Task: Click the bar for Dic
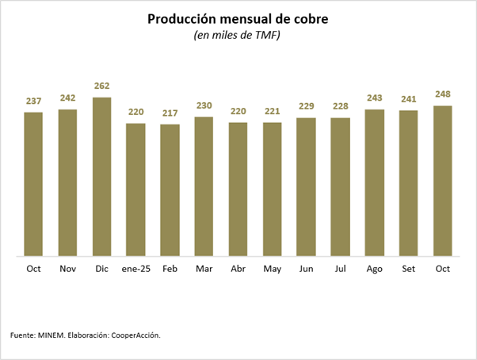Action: (x=101, y=177)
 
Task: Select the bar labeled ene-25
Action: (x=135, y=190)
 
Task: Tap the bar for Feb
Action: (x=170, y=190)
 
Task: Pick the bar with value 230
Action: (x=204, y=186)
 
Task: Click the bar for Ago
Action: (x=374, y=182)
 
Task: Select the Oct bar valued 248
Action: (x=443, y=181)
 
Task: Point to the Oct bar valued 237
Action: (x=33, y=184)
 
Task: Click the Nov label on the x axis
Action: (x=67, y=269)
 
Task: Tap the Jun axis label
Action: (x=306, y=269)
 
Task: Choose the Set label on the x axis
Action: (x=408, y=269)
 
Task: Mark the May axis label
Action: (x=272, y=269)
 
